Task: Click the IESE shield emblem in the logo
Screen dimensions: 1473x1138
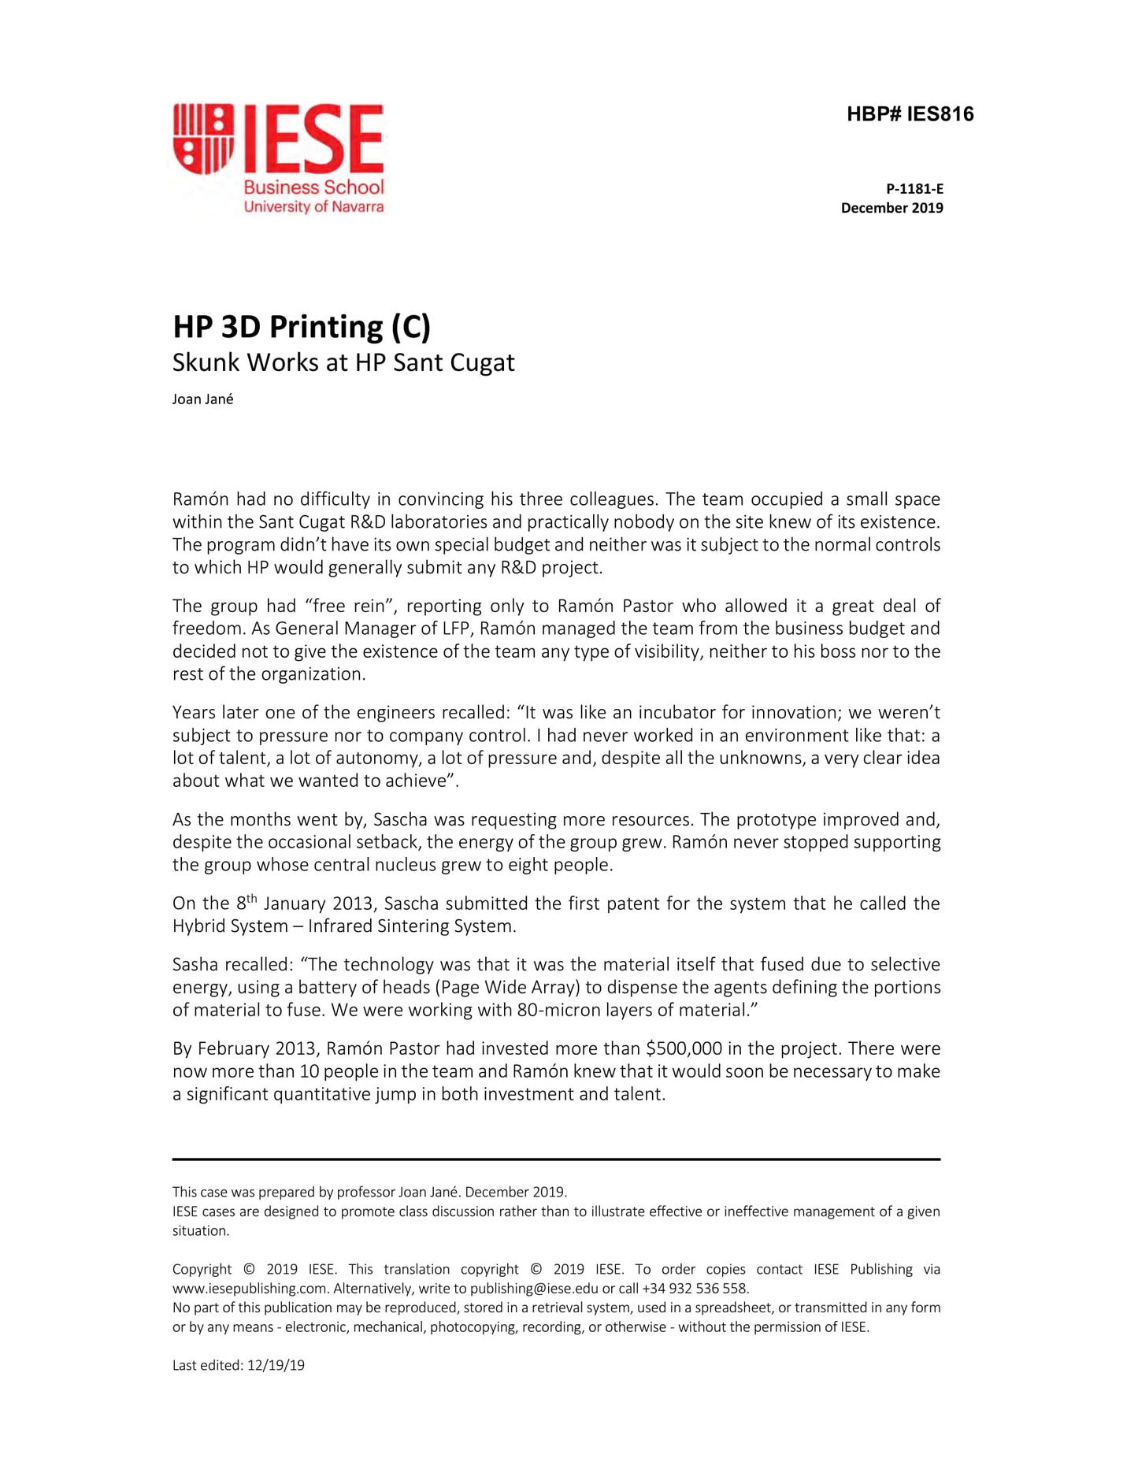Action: click(203, 139)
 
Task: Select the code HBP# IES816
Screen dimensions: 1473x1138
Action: click(910, 114)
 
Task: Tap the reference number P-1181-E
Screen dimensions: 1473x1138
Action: click(914, 189)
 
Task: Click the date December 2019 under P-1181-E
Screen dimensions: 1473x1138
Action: click(891, 208)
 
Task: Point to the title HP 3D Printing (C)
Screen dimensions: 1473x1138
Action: click(302, 327)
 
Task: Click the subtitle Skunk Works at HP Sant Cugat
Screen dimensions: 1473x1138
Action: click(343, 362)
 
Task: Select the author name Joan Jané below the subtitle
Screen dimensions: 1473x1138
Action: click(203, 399)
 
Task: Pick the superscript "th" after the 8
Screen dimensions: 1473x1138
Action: click(251, 897)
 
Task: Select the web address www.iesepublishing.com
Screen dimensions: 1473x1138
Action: click(250, 1289)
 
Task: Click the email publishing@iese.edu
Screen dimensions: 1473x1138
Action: click(534, 1289)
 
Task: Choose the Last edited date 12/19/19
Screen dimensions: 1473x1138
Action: click(276, 1366)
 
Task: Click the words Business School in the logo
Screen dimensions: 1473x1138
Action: click(313, 187)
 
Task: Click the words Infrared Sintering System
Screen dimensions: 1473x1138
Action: click(411, 926)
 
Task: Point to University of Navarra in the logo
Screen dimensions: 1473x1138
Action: click(313, 207)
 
